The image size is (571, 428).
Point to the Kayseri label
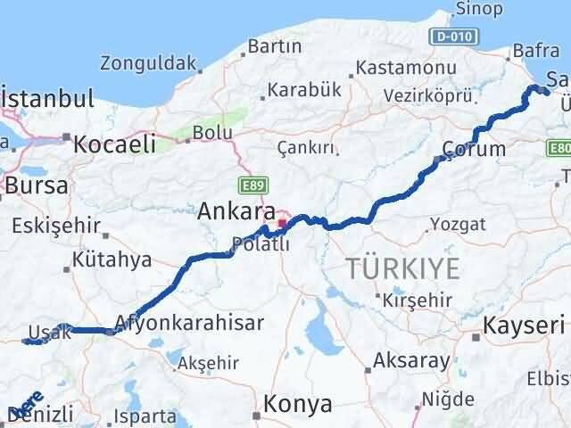coord(525,326)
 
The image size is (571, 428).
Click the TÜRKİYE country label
coord(403,267)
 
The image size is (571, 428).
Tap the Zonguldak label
coord(148,63)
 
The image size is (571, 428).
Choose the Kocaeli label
coord(115,144)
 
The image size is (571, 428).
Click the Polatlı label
coord(260,245)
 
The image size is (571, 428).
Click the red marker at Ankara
coord(283,222)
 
